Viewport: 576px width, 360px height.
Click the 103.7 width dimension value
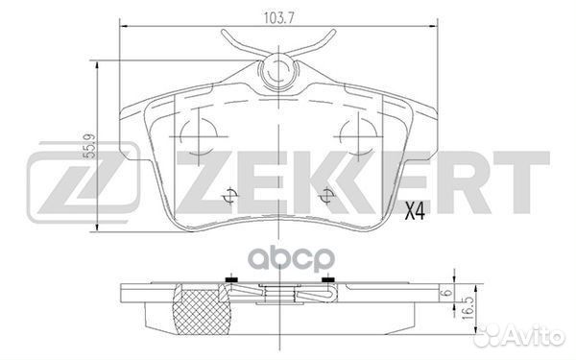[x=279, y=17]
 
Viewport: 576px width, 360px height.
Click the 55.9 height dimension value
[x=89, y=146]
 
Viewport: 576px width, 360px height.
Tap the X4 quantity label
[x=415, y=211]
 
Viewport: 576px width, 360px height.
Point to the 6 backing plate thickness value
[x=446, y=293]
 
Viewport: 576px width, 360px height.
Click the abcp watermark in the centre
[x=292, y=258]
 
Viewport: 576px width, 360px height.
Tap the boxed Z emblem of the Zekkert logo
[x=84, y=182]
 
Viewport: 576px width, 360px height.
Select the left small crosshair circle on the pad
[x=230, y=196]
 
